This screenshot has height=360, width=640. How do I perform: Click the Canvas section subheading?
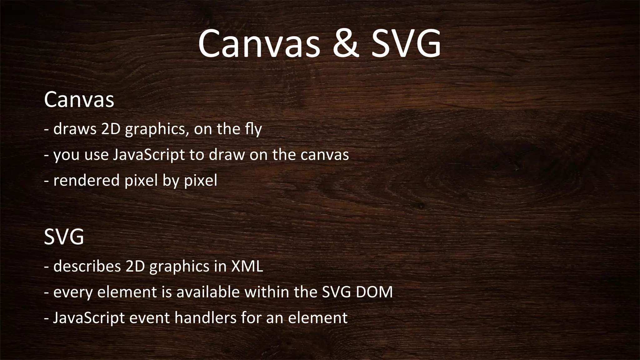tap(79, 100)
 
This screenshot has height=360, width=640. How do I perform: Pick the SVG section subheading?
tap(64, 237)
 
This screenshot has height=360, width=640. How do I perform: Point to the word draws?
tap(75, 129)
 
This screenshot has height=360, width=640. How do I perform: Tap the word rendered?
tap(87, 180)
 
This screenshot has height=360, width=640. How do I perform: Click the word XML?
tap(247, 266)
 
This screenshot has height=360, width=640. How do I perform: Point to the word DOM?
tap(374, 292)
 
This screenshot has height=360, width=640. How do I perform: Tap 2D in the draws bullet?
tap(111, 129)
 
